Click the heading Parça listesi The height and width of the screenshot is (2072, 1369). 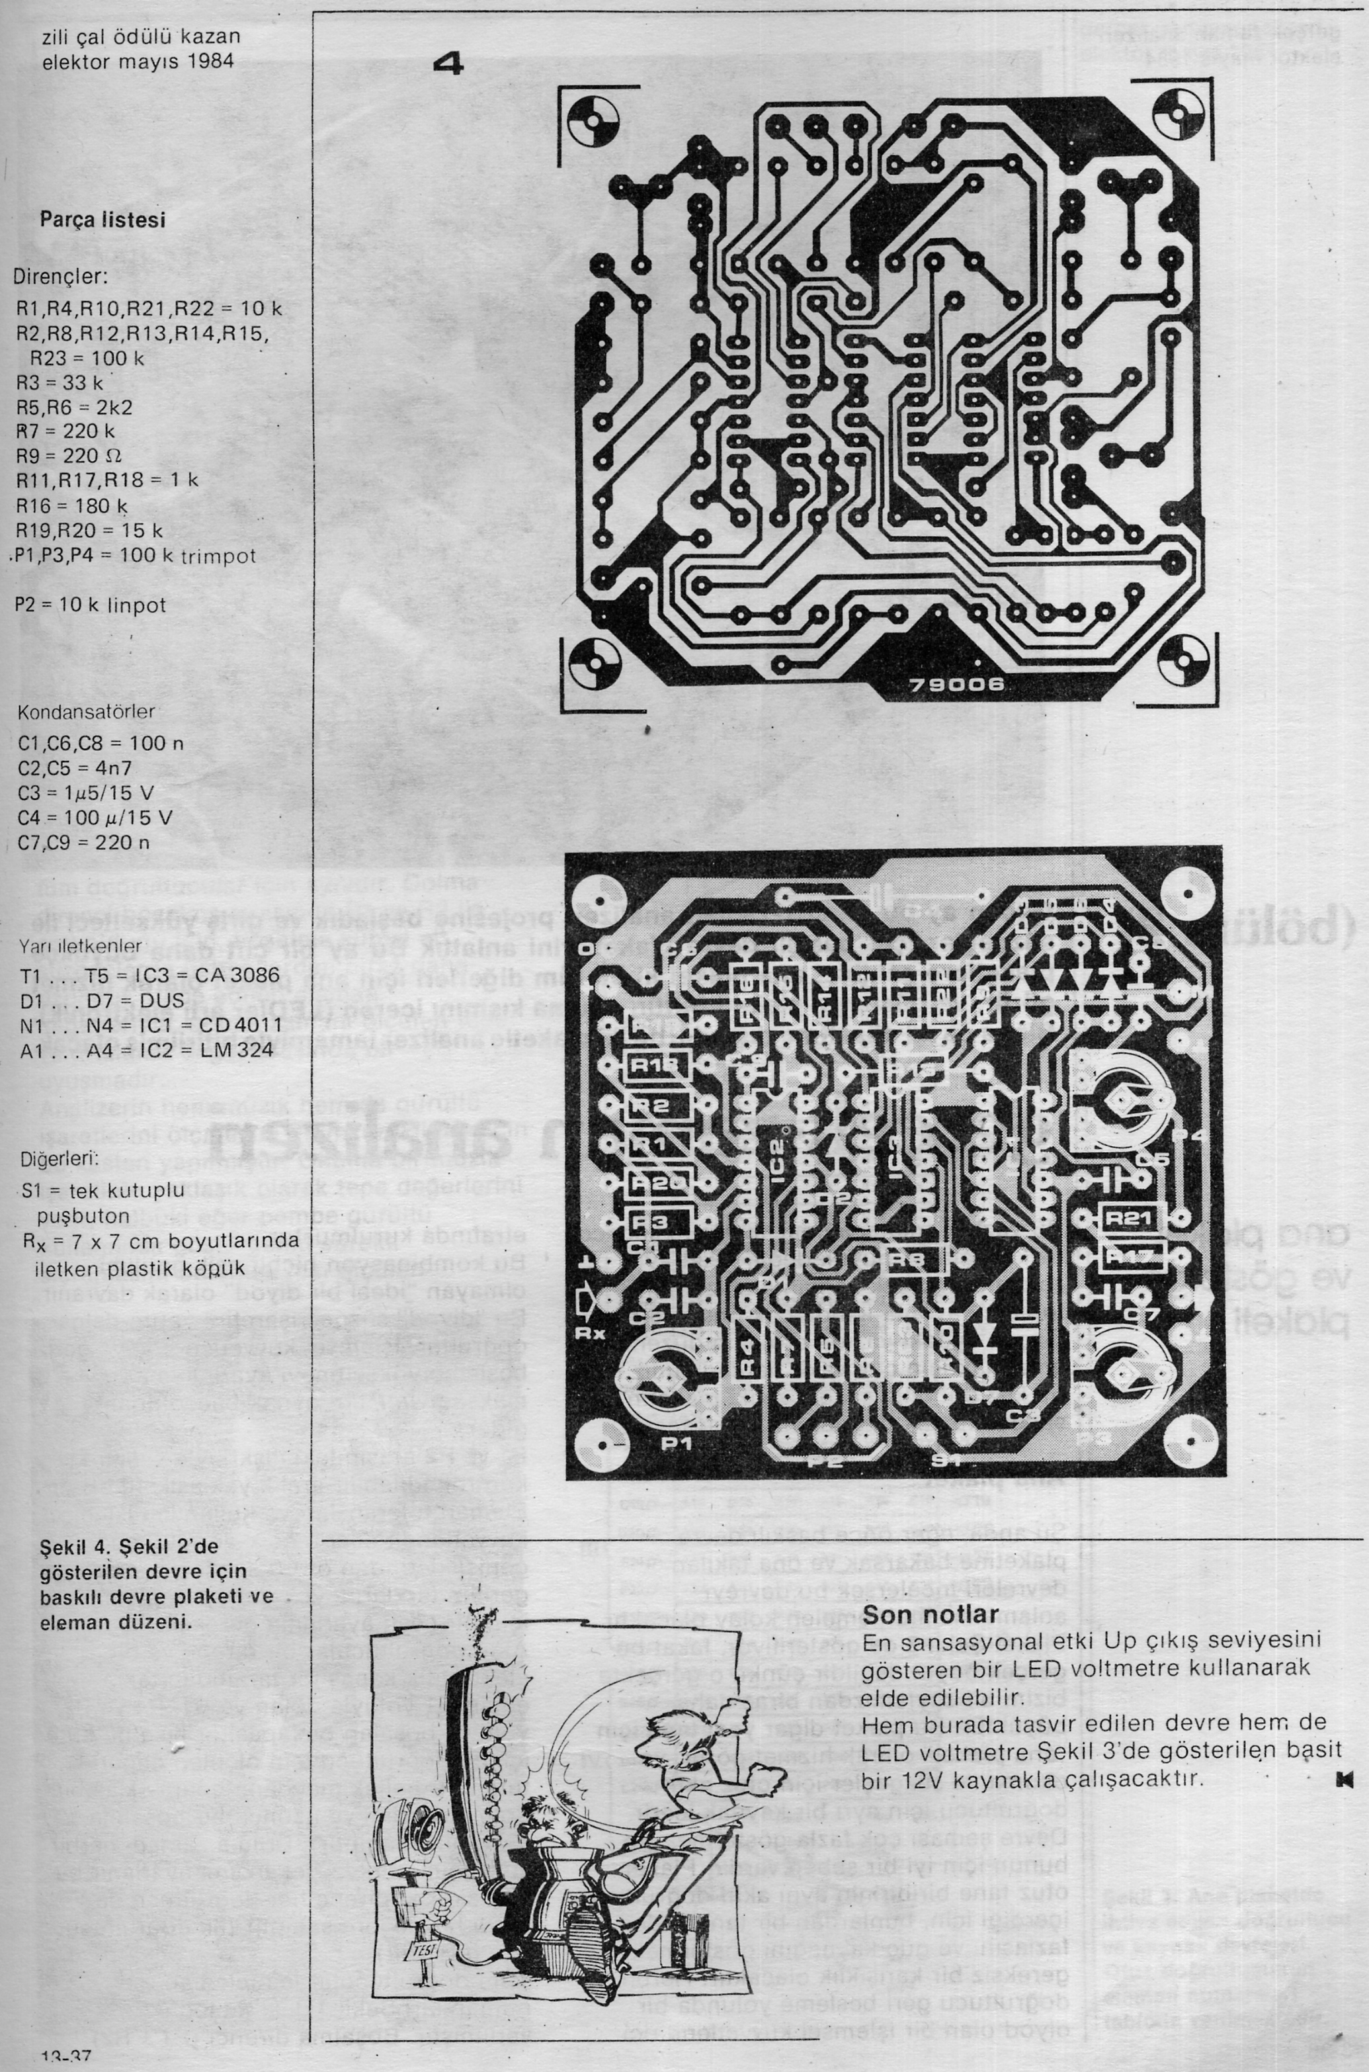tap(102, 220)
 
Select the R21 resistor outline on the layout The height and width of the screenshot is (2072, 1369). tap(1128, 1217)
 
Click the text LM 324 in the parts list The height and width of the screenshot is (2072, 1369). tap(237, 1049)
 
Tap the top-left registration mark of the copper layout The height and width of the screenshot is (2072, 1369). tap(594, 120)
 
